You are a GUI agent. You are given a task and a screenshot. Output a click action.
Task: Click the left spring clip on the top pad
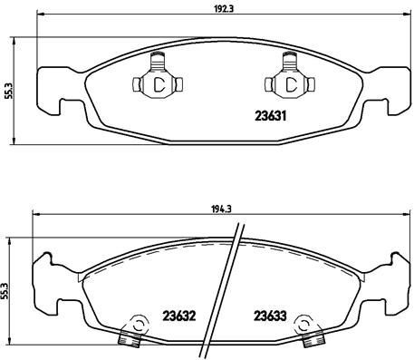pos(156,83)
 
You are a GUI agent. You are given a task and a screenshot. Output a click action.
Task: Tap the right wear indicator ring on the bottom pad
pos(309,324)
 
